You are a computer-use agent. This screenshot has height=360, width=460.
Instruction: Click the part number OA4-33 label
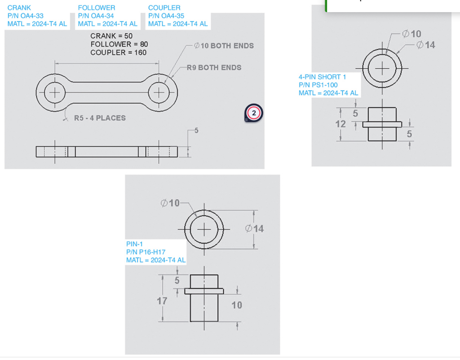(x=26, y=16)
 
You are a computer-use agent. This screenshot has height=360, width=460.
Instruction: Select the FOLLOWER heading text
(x=96, y=8)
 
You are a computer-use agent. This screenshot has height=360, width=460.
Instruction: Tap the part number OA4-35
(x=166, y=16)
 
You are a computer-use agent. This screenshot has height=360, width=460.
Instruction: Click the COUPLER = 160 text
(x=118, y=53)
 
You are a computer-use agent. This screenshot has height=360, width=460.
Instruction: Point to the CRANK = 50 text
(x=111, y=36)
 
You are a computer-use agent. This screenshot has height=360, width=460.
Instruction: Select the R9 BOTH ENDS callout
(x=214, y=67)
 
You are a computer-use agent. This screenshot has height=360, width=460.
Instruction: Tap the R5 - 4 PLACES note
(x=100, y=118)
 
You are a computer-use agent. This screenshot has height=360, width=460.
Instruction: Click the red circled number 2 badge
(x=254, y=113)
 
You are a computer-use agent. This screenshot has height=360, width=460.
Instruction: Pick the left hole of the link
(x=55, y=93)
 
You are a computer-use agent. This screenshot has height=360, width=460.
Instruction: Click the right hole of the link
(x=159, y=93)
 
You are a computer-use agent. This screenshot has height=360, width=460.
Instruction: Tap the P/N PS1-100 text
(x=318, y=85)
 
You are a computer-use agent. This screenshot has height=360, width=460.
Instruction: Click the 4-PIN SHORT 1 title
(x=322, y=77)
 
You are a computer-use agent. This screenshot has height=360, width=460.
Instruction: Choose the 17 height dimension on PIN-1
(x=162, y=301)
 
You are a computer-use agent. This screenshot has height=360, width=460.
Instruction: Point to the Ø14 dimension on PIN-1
(x=255, y=228)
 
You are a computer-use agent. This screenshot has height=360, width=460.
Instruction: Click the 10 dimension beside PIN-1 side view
(x=237, y=305)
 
